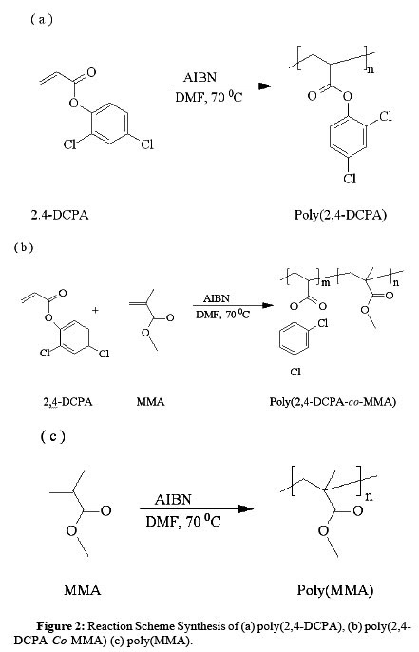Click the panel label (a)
pyautogui.click(x=42, y=20)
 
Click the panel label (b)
pyautogui.click(x=24, y=247)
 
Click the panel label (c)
pyautogui.click(x=53, y=436)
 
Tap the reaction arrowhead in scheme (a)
pyautogui.click(x=265, y=86)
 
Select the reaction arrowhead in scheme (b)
pyautogui.click(x=267, y=306)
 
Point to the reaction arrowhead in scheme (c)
pyautogui.click(x=246, y=509)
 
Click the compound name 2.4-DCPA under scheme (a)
pyautogui.click(x=60, y=215)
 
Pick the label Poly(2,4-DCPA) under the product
pyautogui.click(x=340, y=215)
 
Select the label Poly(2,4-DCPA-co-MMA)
pyautogui.click(x=333, y=402)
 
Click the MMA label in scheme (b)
pyautogui.click(x=150, y=402)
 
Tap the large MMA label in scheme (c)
pyautogui.click(x=83, y=589)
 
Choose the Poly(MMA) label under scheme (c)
pyautogui.click(x=335, y=590)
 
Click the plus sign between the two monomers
pyautogui.click(x=96, y=310)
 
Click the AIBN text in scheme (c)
pyautogui.click(x=173, y=499)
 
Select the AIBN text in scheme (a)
pyautogui.click(x=200, y=77)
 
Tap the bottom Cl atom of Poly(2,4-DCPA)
pyautogui.click(x=350, y=179)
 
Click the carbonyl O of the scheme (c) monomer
pyautogui.click(x=105, y=510)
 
